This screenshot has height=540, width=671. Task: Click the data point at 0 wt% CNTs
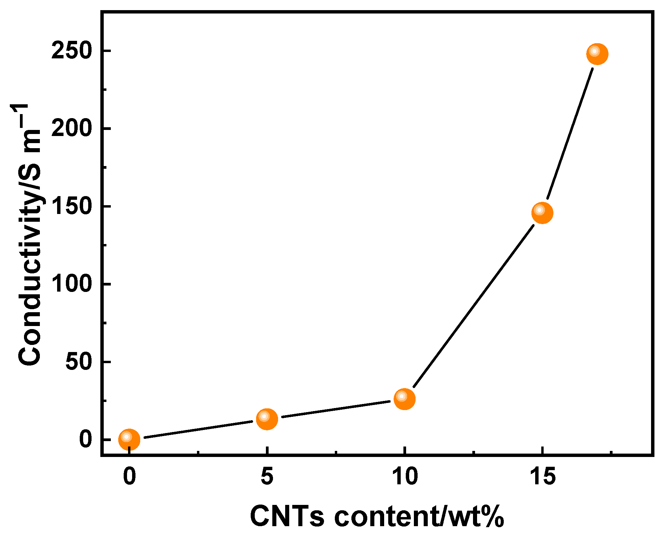(129, 439)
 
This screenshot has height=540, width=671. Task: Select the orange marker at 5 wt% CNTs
(267, 419)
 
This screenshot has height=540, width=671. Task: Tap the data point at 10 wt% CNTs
(404, 399)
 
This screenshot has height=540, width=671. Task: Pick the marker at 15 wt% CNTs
(542, 213)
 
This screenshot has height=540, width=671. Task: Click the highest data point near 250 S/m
(597, 54)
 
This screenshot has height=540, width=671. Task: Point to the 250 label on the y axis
(72, 51)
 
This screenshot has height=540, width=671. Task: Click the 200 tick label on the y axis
(72, 129)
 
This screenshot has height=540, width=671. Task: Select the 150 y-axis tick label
(72, 207)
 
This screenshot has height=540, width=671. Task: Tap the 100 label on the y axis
(72, 284)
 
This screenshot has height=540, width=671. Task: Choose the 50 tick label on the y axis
(78, 362)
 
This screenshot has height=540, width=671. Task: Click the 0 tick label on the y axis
(85, 439)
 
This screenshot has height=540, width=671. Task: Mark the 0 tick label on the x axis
(129, 477)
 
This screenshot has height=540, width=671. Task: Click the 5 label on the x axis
(267, 477)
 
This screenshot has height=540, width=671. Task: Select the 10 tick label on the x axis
(404, 477)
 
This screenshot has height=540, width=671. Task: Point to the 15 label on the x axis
(542, 477)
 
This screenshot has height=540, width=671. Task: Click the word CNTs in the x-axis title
(287, 517)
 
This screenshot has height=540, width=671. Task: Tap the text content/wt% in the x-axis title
(419, 517)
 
